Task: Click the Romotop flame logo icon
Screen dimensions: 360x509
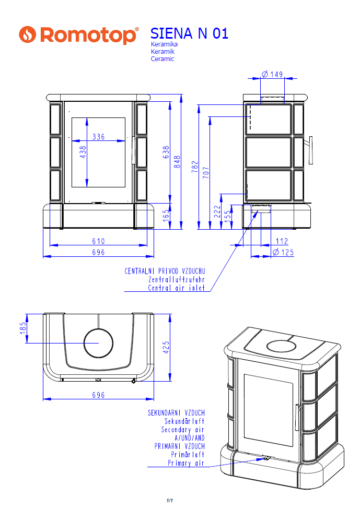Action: coord(27,34)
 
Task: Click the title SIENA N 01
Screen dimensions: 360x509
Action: coord(190,33)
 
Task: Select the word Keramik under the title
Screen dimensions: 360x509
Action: coord(162,51)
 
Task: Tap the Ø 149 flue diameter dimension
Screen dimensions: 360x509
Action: coord(272,74)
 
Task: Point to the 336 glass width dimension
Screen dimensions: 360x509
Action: coord(98,137)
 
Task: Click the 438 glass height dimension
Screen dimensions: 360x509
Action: coord(83,152)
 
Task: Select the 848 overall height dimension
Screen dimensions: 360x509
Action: coord(177,162)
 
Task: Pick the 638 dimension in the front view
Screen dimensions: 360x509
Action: coord(166,152)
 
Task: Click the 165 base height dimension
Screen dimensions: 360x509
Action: coord(166,216)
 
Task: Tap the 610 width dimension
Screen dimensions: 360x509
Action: coord(98,241)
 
